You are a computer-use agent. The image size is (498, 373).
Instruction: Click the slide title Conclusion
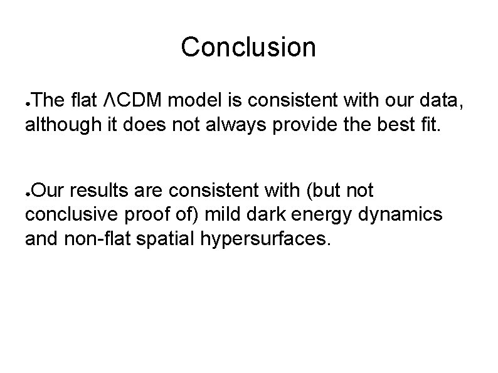[x=248, y=48]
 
